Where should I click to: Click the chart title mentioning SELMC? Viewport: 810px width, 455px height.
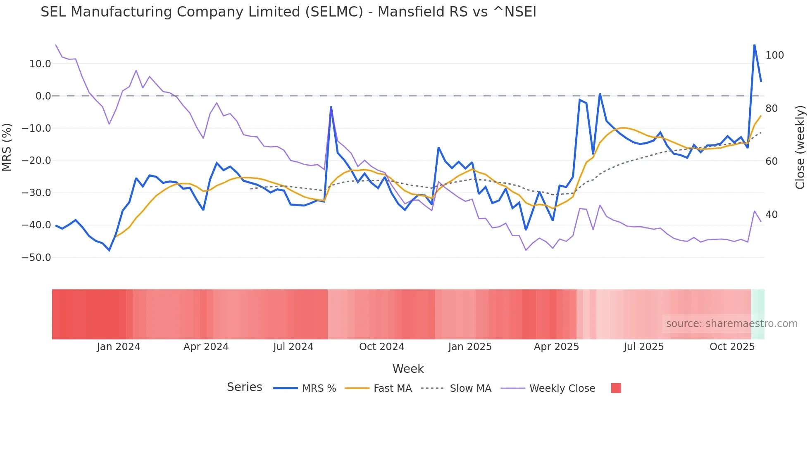[288, 12]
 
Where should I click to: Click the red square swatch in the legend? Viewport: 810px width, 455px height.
[616, 388]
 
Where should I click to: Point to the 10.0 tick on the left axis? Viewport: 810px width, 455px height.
[40, 64]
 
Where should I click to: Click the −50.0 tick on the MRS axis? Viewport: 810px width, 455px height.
[37, 258]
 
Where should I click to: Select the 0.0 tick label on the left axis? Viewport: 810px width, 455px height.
[43, 96]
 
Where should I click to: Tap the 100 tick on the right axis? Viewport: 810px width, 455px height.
[774, 55]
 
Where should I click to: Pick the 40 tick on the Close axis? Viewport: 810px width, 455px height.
[771, 215]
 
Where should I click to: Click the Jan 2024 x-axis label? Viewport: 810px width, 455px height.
[119, 347]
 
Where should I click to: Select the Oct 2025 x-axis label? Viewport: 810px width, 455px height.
[732, 347]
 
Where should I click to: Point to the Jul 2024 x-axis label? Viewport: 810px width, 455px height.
[293, 347]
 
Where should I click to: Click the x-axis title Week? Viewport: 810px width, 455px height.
[408, 369]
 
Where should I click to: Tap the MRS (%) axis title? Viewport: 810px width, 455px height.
[7, 147]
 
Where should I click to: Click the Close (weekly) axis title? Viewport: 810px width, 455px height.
[800, 147]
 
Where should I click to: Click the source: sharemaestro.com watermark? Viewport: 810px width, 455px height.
[731, 324]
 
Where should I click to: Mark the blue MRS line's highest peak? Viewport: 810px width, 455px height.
[754, 45]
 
